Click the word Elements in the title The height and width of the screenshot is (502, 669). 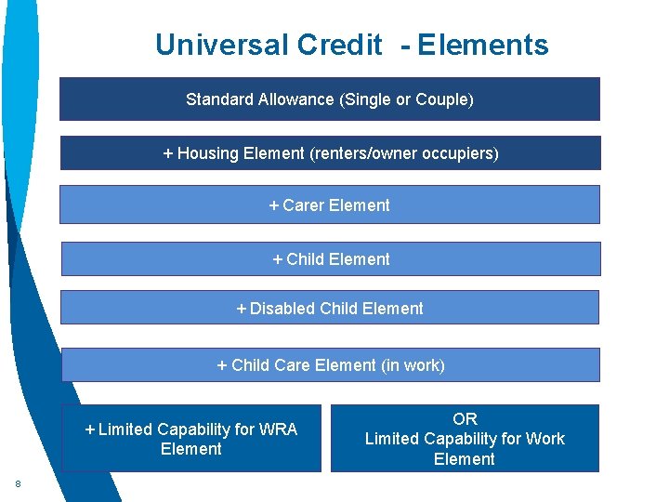point(482,45)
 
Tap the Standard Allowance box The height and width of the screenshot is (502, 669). point(330,99)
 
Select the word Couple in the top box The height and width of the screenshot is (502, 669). point(443,99)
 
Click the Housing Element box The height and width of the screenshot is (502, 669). point(330,153)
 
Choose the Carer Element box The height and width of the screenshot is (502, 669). point(330,205)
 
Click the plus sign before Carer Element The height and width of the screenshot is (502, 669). point(274,205)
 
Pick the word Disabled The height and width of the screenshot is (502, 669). point(282,309)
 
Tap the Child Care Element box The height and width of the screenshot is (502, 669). point(330,365)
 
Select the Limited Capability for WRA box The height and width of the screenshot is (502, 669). point(191,439)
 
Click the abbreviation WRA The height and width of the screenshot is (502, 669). point(279,429)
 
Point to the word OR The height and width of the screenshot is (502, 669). point(465,419)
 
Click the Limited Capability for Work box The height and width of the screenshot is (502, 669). point(465,439)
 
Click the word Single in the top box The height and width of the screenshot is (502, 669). point(368,99)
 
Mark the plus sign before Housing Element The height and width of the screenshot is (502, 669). point(168,153)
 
